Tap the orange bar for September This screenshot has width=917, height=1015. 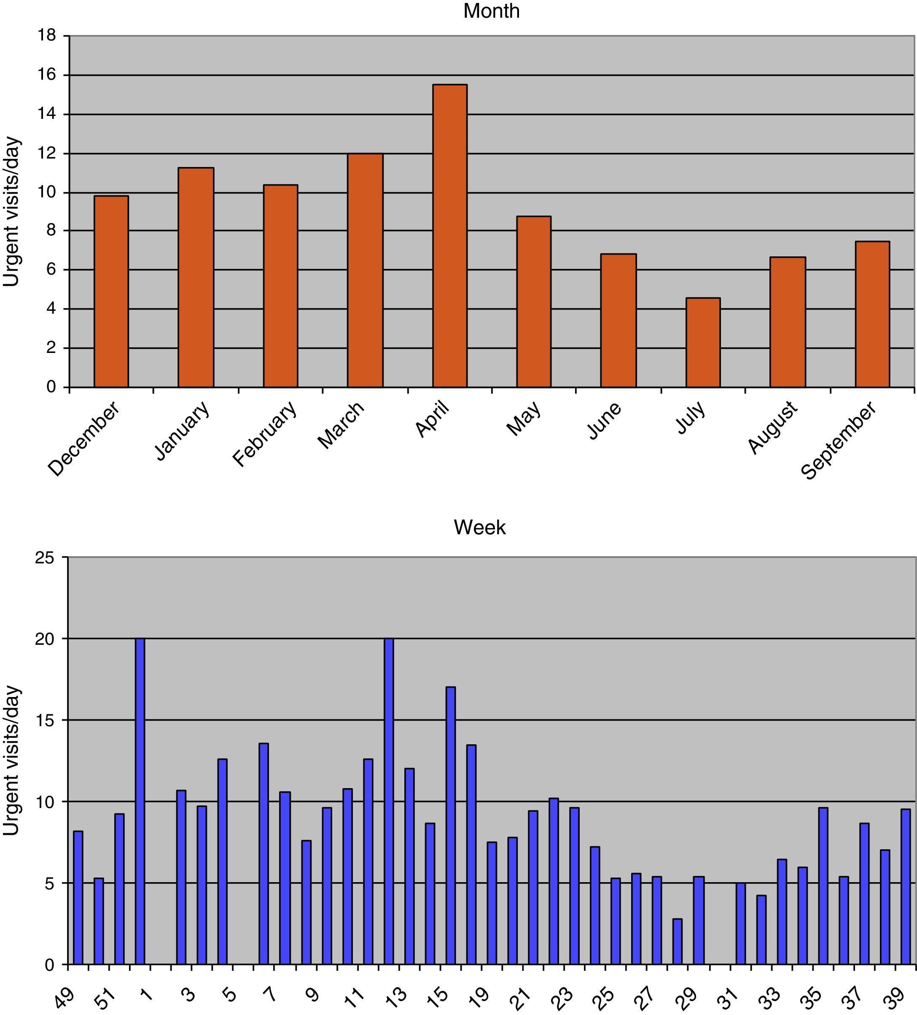pyautogui.click(x=872, y=314)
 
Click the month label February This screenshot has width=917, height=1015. pyautogui.click(x=265, y=434)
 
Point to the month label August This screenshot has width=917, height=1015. pyautogui.click(x=772, y=428)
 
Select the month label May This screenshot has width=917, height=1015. pyautogui.click(x=524, y=418)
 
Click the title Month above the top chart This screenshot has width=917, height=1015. pyautogui.click(x=491, y=11)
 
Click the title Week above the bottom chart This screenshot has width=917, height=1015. pyautogui.click(x=480, y=528)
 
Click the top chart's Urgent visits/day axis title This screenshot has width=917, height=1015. pyautogui.click(x=11, y=211)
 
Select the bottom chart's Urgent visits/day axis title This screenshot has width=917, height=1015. pyautogui.click(x=11, y=760)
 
